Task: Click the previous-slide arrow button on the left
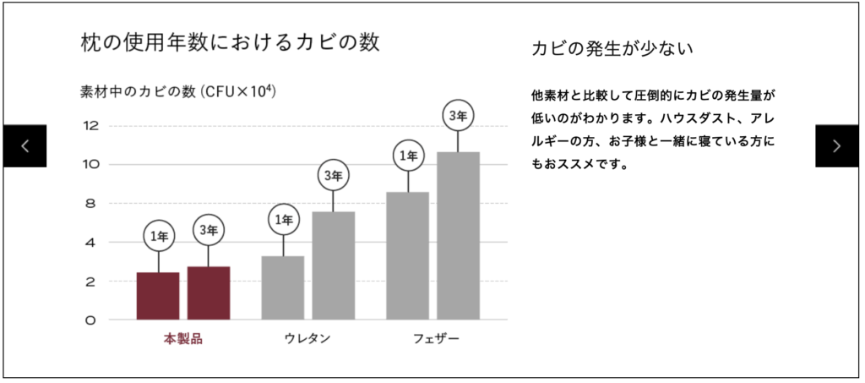coord(24,145)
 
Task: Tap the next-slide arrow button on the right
coord(836,145)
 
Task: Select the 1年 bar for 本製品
coord(158,296)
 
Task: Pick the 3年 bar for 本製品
coord(209,293)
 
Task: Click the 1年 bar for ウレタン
coord(283,287)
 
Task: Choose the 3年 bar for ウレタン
coord(334,265)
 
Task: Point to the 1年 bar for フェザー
coord(408,255)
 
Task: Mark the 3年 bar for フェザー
coord(459,236)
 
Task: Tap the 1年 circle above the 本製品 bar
coord(158,236)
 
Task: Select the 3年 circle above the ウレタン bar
coord(334,176)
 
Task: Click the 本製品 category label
coord(183,339)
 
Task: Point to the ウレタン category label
coord(307,339)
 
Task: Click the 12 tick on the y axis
coord(91,126)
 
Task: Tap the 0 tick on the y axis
coord(91,320)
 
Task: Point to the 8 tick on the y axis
coord(91,204)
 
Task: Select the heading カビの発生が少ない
coord(612,48)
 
